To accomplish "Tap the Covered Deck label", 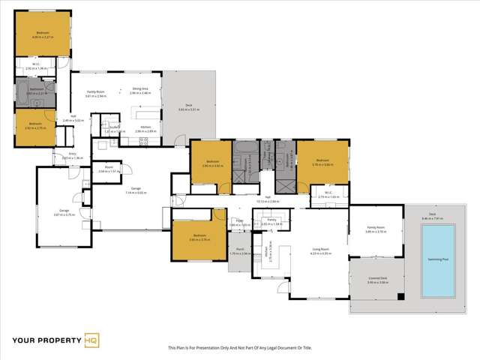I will [x=377, y=280].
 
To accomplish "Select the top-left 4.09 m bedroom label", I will [x=43, y=32].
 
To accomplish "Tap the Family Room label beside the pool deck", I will [x=375, y=229].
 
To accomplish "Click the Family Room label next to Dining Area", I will [x=96, y=94].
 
